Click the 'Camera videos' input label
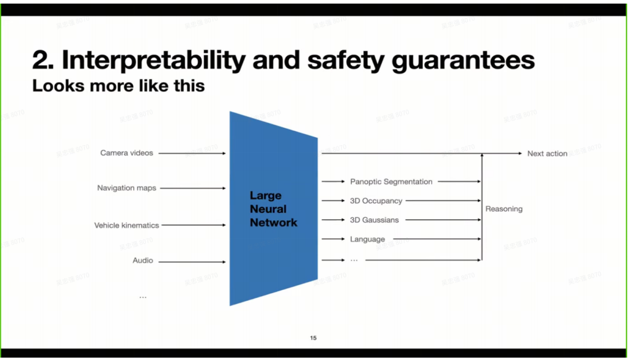coord(127,153)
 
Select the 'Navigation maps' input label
coord(127,188)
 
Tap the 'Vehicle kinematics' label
coord(127,226)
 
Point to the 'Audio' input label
coord(143,261)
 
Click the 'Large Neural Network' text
coord(274,209)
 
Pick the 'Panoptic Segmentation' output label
coord(391,181)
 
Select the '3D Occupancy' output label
coord(376,201)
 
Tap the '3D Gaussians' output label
coord(375,220)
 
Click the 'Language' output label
coord(367,239)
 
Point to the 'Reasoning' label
coord(504,209)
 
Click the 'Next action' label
coord(547,153)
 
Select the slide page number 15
coord(314,339)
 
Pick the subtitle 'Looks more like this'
coord(118,86)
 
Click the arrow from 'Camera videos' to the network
coord(192,153)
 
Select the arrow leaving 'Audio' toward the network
coord(192,261)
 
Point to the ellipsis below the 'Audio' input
coord(143,297)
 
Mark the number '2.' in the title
coord(44,60)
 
